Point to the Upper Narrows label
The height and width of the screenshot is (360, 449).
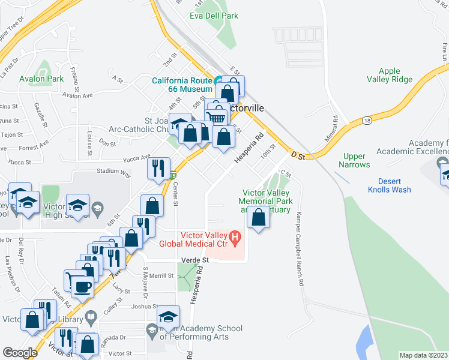pos(355,160)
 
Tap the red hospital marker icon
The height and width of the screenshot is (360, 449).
pos(235,238)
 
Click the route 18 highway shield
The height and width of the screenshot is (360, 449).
pos(366,121)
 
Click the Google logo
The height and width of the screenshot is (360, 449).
pos(20,353)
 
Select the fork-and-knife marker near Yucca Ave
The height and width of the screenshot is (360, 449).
pos(159,167)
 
